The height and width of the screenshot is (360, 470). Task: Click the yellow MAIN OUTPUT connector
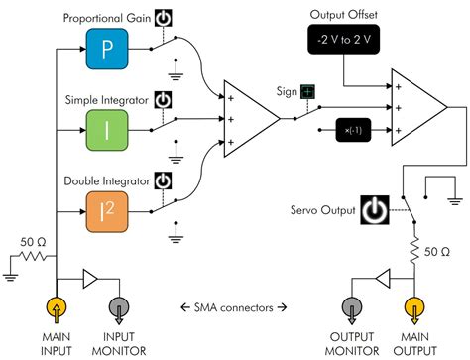tap(417, 309)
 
